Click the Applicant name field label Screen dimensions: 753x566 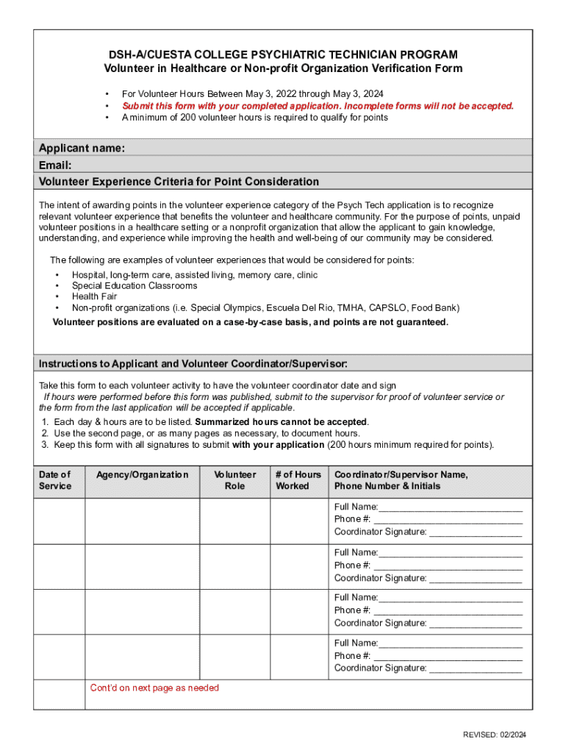[x=82, y=149]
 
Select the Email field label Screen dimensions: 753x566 [x=55, y=165]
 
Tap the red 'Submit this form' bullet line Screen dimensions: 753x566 [x=318, y=106]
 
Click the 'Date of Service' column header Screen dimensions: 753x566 [x=55, y=480]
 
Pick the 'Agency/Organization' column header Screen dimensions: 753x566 [x=142, y=475]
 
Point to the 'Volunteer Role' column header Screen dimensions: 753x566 [x=234, y=480]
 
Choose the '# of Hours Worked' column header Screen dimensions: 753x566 [x=298, y=480]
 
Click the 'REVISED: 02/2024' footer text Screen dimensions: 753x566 [x=494, y=735]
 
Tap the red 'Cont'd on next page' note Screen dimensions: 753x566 [x=154, y=688]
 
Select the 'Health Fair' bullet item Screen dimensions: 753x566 [x=94, y=296]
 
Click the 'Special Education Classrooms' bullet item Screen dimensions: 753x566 [x=134, y=285]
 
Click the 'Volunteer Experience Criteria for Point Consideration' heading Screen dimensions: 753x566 [x=179, y=182]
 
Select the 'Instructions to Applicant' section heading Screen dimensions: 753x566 [x=193, y=364]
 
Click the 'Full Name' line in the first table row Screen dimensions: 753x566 [x=428, y=507]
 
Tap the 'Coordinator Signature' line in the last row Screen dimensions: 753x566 [x=428, y=668]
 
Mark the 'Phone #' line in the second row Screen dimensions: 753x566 [x=428, y=565]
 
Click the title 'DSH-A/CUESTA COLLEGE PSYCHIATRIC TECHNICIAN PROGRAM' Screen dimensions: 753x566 [x=283, y=55]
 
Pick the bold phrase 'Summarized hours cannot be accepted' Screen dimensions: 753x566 [x=281, y=422]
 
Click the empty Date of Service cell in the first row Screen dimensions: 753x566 [x=60, y=521]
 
